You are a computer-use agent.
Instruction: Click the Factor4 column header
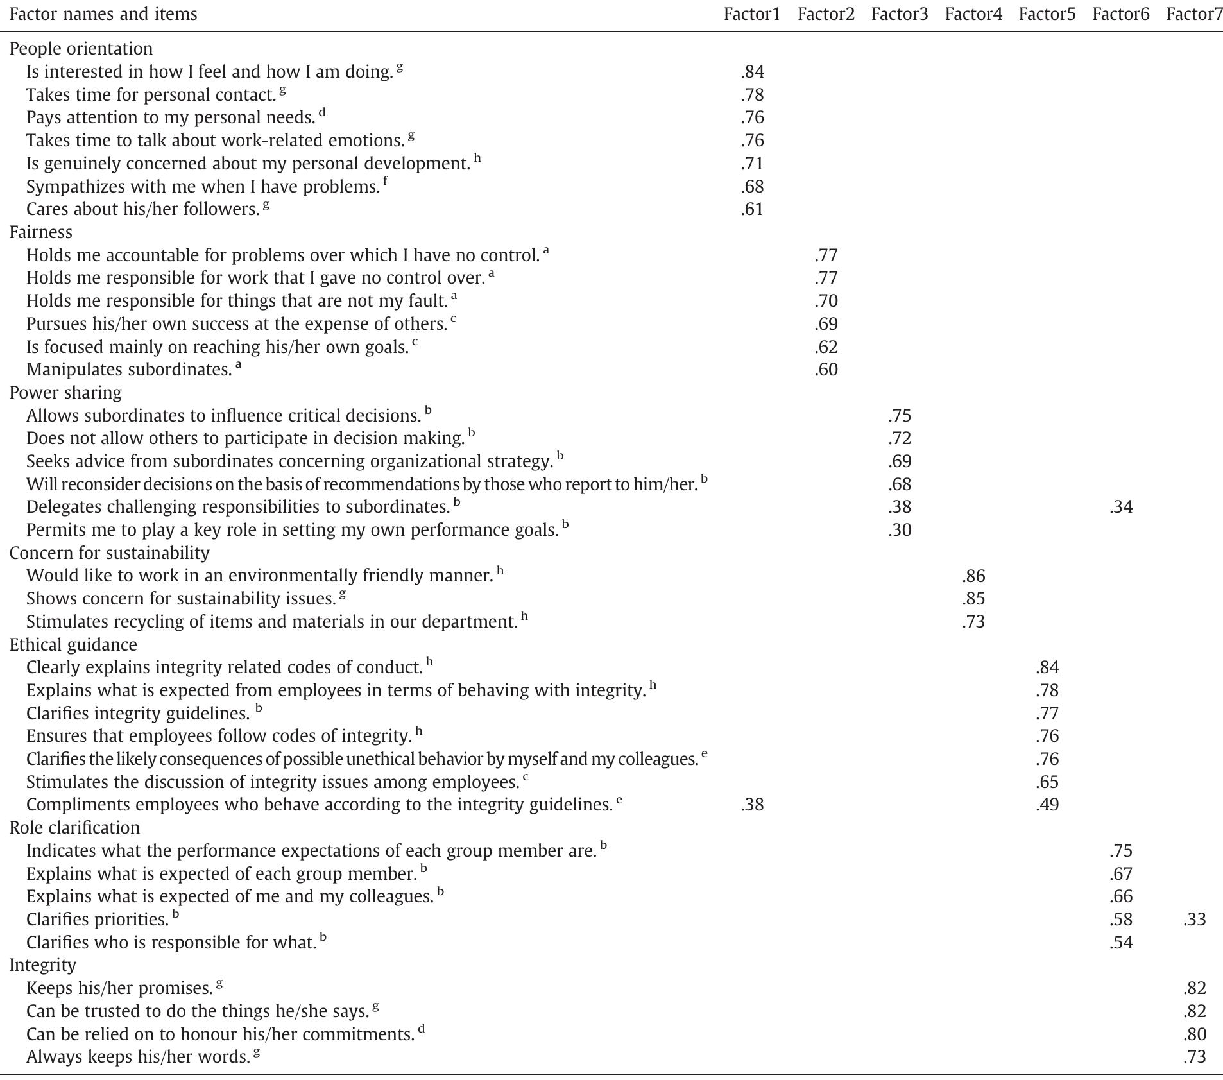[973, 14]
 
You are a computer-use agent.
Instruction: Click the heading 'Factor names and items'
[103, 14]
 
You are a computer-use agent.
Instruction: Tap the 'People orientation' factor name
[81, 49]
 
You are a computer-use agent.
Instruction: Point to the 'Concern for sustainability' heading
[109, 553]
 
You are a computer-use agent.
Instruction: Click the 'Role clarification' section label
[74, 827]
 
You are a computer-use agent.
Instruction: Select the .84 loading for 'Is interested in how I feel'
[752, 72]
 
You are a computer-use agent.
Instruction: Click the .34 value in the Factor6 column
[1120, 507]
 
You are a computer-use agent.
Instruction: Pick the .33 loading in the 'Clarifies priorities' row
[1194, 920]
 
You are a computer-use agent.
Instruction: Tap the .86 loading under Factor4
[973, 576]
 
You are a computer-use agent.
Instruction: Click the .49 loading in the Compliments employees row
[1047, 805]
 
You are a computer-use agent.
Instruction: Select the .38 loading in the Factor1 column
[752, 805]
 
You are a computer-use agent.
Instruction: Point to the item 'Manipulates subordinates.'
[129, 370]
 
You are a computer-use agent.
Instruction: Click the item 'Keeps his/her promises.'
[119, 988]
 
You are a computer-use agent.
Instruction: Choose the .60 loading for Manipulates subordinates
[826, 370]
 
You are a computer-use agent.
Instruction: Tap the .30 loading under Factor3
[900, 530]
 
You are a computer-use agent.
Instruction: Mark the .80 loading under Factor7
[1194, 1034]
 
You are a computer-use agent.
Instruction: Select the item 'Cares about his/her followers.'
[142, 209]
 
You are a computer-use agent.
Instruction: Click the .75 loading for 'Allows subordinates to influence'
[900, 416]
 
